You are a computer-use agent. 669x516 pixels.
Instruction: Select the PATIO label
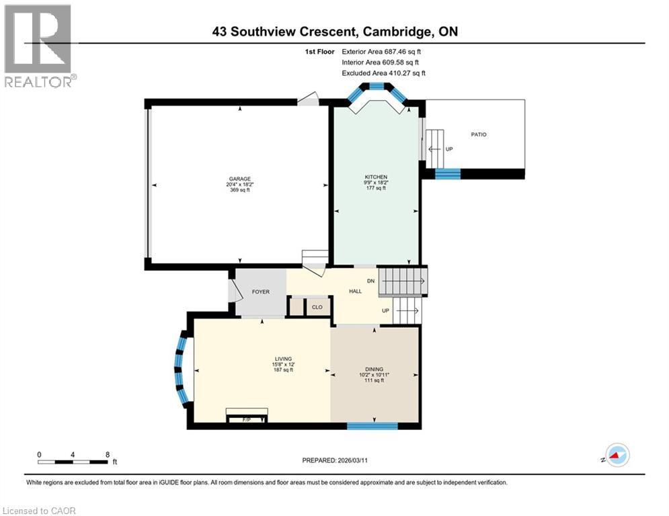pyautogui.click(x=479, y=135)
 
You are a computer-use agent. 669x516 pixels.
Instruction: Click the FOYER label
pyautogui.click(x=260, y=292)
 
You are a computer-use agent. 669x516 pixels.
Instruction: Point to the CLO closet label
pyautogui.click(x=317, y=307)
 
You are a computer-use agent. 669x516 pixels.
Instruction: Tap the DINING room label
pyautogui.click(x=374, y=369)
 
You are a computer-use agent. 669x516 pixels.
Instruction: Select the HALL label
pyautogui.click(x=355, y=291)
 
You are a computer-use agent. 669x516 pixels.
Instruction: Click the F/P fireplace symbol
pyautogui.click(x=246, y=418)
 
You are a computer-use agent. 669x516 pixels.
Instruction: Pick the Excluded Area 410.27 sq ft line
pyautogui.click(x=383, y=73)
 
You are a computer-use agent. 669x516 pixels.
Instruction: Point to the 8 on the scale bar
pyautogui.click(x=108, y=454)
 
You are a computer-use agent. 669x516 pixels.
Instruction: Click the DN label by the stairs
pyautogui.click(x=370, y=280)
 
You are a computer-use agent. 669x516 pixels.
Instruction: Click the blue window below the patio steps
pyautogui.click(x=448, y=173)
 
